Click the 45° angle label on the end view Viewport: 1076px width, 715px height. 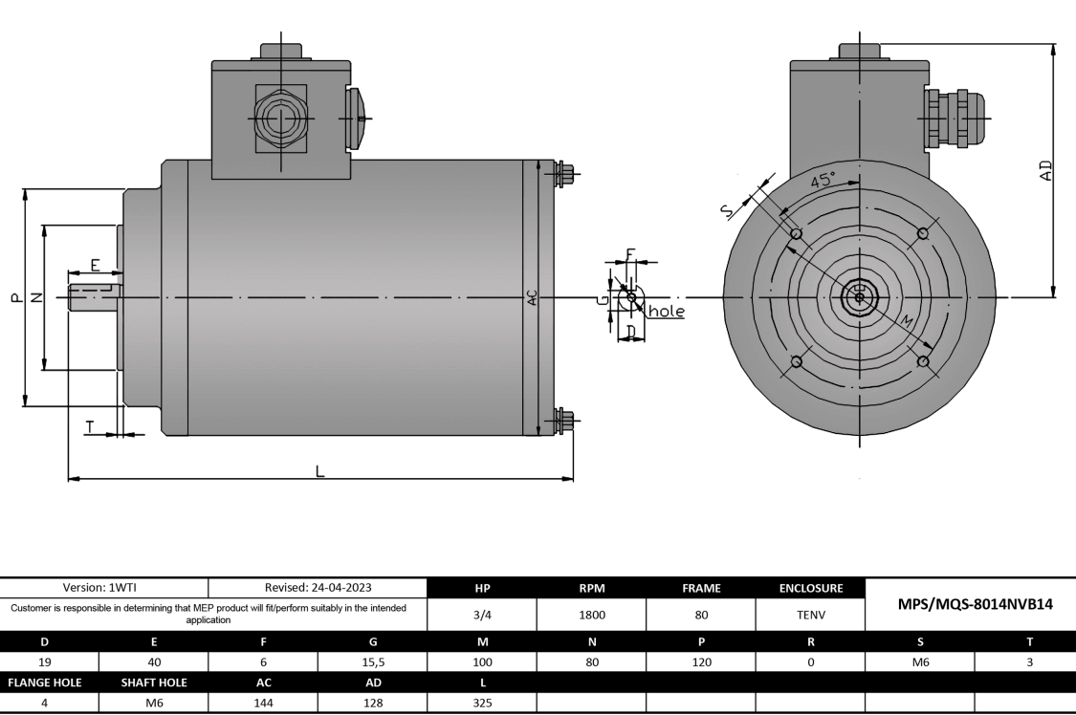click(822, 180)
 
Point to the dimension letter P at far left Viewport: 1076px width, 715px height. click(14, 297)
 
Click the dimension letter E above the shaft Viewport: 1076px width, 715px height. click(95, 265)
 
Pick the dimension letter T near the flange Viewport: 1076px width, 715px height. click(90, 427)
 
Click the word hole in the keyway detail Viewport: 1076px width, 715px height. click(667, 312)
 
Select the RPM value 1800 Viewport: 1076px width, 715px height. click(592, 616)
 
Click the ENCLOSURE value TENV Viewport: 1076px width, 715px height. click(810, 616)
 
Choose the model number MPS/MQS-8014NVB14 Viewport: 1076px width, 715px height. click(970, 604)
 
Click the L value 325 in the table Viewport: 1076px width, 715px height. click(482, 703)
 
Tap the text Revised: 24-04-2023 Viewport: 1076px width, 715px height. click(317, 588)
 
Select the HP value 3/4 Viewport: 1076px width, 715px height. click(482, 616)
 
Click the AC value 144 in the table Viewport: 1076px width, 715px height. click(263, 703)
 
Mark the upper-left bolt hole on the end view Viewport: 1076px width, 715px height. click(796, 234)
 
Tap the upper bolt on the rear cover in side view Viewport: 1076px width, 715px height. click(565, 174)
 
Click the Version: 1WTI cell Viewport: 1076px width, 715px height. click(105, 588)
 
